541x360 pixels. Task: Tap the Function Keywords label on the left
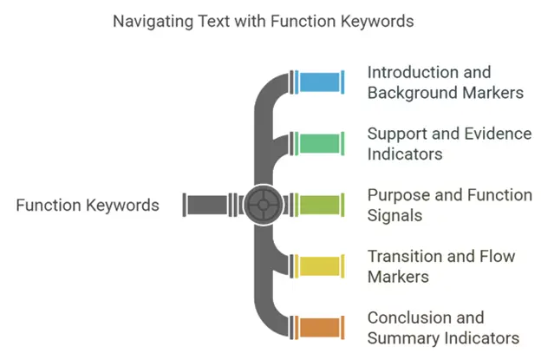point(88,206)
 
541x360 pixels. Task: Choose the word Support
point(398,134)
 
